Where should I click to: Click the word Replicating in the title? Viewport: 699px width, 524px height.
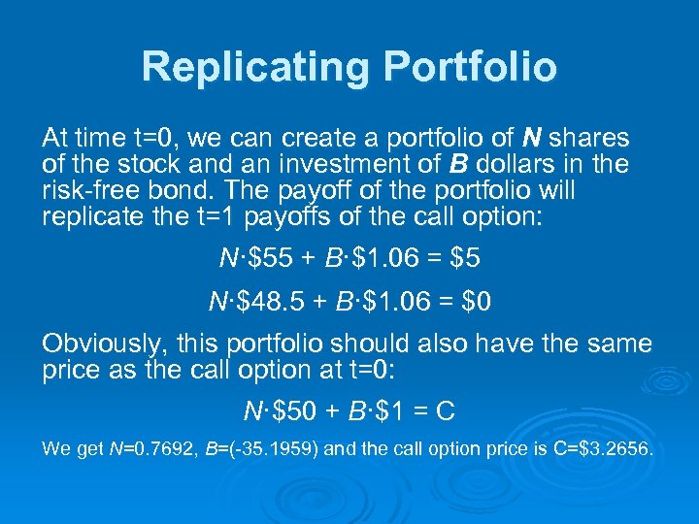254,67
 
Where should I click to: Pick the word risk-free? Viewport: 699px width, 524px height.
87,189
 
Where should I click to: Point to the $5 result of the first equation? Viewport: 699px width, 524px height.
465,259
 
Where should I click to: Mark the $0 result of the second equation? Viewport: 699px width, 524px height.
477,302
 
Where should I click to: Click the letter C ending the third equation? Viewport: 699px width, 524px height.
445,412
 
